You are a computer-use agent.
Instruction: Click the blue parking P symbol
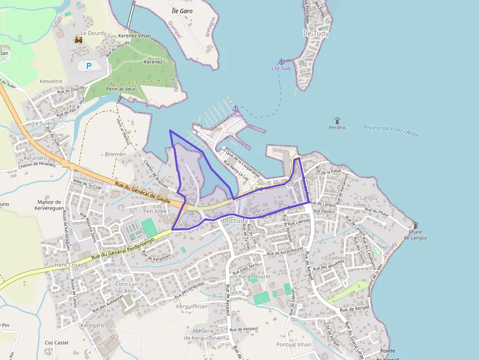pyautogui.click(x=88, y=66)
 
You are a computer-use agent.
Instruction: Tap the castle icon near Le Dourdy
pyautogui.click(x=78, y=41)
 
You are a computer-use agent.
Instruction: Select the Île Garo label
pyautogui.click(x=182, y=11)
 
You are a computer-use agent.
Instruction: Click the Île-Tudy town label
pyautogui.click(x=316, y=34)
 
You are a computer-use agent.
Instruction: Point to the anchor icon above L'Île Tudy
pyautogui.click(x=281, y=61)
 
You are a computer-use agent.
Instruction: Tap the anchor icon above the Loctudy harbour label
pyautogui.click(x=235, y=108)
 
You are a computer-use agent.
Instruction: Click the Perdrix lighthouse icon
pyautogui.click(x=337, y=120)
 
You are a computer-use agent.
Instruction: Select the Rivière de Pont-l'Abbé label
pyautogui.click(x=392, y=131)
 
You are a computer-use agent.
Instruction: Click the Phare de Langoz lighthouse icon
pyautogui.click(x=415, y=225)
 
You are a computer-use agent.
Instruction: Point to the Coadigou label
pyautogui.click(x=337, y=257)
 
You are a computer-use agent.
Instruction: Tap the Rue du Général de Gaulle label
pyautogui.click(x=142, y=191)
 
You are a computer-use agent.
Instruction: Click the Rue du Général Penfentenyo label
pyautogui.click(x=123, y=248)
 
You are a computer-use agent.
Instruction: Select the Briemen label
pyautogui.click(x=115, y=154)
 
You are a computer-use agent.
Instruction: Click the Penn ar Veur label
pyautogui.click(x=121, y=89)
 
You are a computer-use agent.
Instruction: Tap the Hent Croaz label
pyautogui.click(x=68, y=265)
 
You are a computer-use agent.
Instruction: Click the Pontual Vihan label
pyautogui.click(x=293, y=344)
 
